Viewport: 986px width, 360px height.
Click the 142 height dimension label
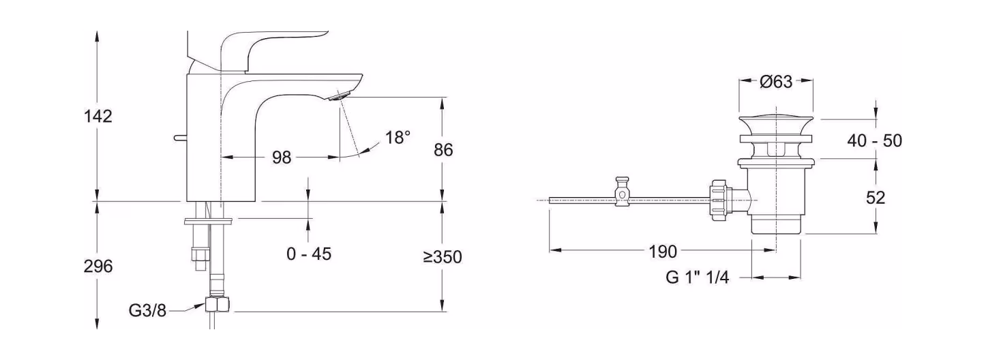pos(98,116)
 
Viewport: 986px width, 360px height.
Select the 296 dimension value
pos(98,267)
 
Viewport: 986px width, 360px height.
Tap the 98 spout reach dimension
pos(282,157)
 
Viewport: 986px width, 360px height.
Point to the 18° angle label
pos(398,137)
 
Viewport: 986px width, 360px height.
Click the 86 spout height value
pos(443,150)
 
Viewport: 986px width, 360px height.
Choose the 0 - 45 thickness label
pos(309,254)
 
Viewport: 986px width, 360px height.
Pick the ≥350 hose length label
pos(443,257)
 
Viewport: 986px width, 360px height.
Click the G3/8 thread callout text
pos(147,311)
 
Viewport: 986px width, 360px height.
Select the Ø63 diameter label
pos(776,81)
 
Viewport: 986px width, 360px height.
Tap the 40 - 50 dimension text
pos(875,141)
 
